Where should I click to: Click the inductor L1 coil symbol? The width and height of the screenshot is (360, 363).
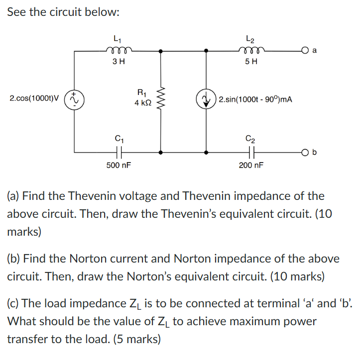pyautogui.click(x=118, y=49)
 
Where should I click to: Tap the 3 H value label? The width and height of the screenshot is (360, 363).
pyautogui.click(x=118, y=62)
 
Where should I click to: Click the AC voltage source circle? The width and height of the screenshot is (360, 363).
pyautogui.click(x=75, y=99)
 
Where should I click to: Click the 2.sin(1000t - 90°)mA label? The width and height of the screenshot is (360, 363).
pyautogui.click(x=255, y=99)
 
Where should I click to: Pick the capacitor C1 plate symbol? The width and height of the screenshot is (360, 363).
pyautogui.click(x=119, y=152)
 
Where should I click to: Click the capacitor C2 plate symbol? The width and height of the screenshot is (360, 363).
pyautogui.click(x=251, y=152)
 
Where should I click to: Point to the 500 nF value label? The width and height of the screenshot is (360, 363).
pyautogui.click(x=119, y=165)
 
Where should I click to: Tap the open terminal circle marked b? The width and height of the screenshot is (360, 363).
pyautogui.click(x=304, y=152)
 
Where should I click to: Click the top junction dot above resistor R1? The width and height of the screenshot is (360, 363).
pyautogui.click(x=160, y=51)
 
